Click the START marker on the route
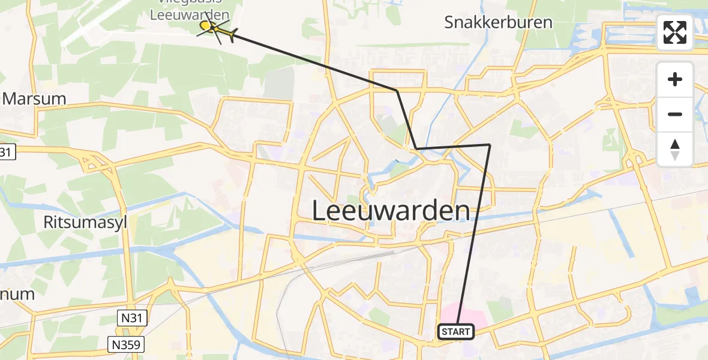456,331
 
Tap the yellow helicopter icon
217,30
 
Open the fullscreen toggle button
675,32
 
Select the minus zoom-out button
675,114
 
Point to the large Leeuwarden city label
391,211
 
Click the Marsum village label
35,98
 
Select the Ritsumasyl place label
85,222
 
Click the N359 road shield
127,344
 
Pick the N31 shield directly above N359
129,318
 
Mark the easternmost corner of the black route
490,145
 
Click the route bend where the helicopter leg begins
397,91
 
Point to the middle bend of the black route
416,148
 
